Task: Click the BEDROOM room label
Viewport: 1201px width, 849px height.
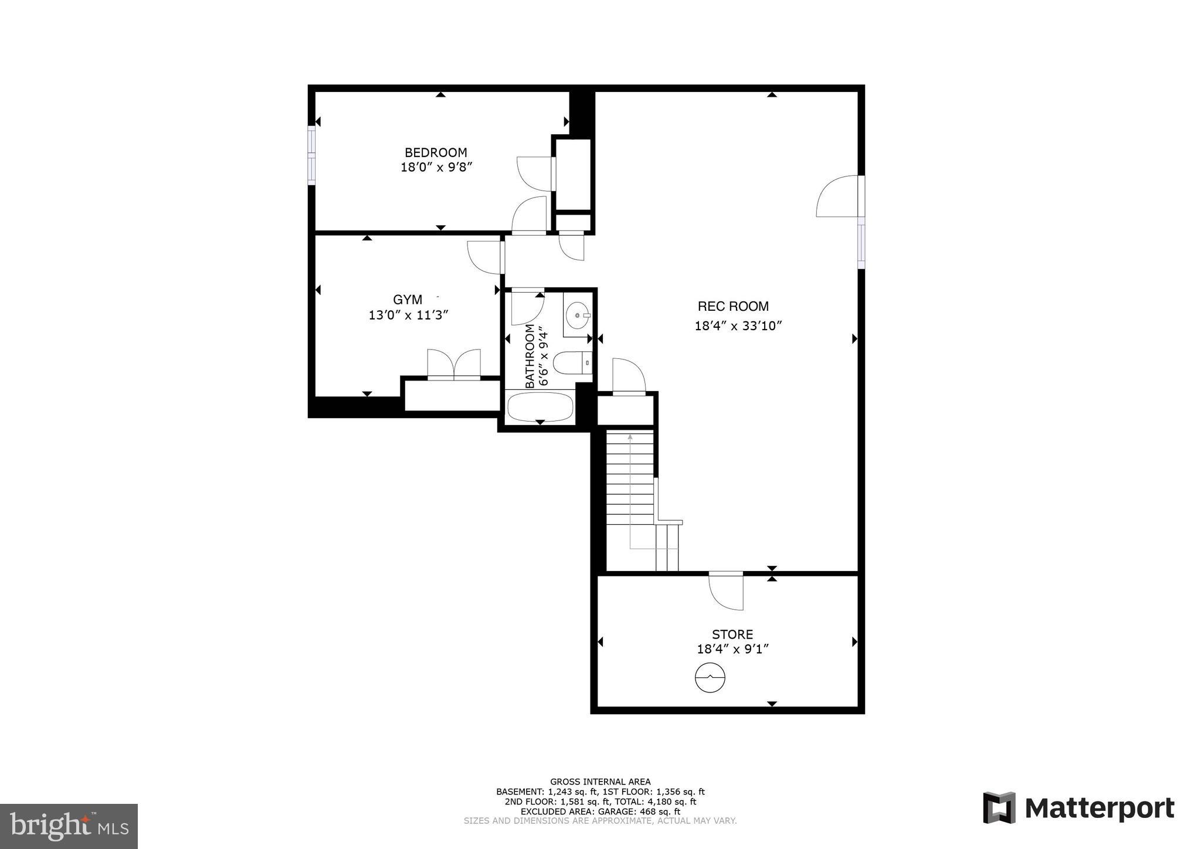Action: tap(436, 153)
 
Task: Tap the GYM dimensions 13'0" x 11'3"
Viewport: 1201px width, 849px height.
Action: tap(408, 315)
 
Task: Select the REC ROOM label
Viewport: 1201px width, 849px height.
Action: tap(733, 306)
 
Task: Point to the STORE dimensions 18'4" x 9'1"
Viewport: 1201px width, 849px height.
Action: tap(732, 649)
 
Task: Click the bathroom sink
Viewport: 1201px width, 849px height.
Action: tap(578, 316)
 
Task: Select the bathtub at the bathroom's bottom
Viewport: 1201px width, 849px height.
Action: tap(540, 407)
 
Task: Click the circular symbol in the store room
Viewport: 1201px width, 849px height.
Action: tap(710, 678)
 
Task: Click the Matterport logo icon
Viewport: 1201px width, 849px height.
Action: tap(999, 808)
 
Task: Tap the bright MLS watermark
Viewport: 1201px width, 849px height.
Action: tap(69, 826)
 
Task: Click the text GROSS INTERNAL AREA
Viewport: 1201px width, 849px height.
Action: tap(600, 782)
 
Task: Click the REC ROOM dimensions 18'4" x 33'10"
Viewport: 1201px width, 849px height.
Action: tap(739, 326)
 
